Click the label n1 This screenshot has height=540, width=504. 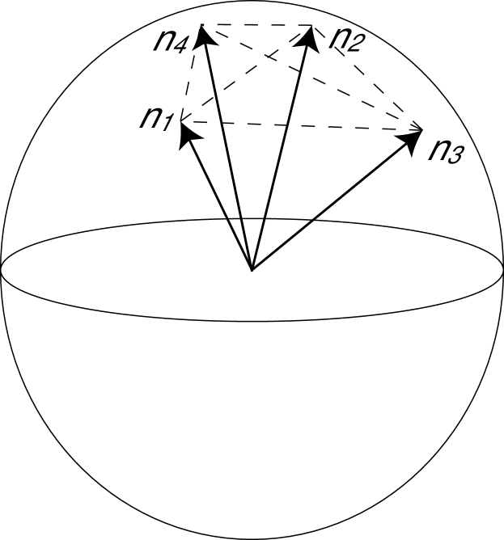tap(155, 118)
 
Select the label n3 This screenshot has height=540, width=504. tap(445, 150)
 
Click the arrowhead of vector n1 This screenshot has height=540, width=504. tap(188, 131)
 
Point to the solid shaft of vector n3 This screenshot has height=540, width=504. tap(332, 202)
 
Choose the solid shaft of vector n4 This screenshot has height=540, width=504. tap(228, 154)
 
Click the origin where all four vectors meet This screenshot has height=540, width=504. tap(252, 269)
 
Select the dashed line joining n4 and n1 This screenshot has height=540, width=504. tap(191, 77)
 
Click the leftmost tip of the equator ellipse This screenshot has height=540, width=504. tap(2, 269)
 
